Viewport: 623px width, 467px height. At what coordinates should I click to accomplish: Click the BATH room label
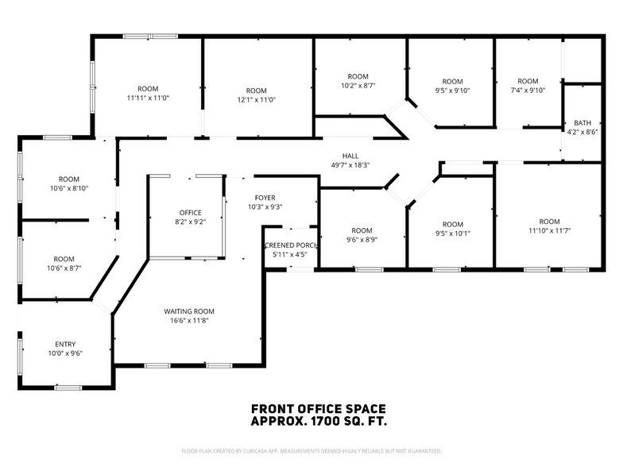pyautogui.click(x=582, y=123)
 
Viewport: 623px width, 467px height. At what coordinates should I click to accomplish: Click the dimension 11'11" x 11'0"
pyautogui.click(x=148, y=98)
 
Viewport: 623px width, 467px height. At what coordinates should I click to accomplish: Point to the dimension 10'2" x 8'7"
pyautogui.click(x=358, y=85)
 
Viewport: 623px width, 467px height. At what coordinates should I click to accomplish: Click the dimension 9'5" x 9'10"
pyautogui.click(x=452, y=91)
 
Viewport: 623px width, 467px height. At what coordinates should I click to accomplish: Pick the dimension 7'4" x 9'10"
pyautogui.click(x=528, y=91)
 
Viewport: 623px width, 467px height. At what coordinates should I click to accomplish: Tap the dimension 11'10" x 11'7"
pyautogui.click(x=549, y=231)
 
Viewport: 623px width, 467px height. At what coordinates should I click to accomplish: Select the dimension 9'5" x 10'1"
pyautogui.click(x=452, y=234)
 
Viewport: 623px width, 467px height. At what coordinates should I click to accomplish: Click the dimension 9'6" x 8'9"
pyautogui.click(x=362, y=240)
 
